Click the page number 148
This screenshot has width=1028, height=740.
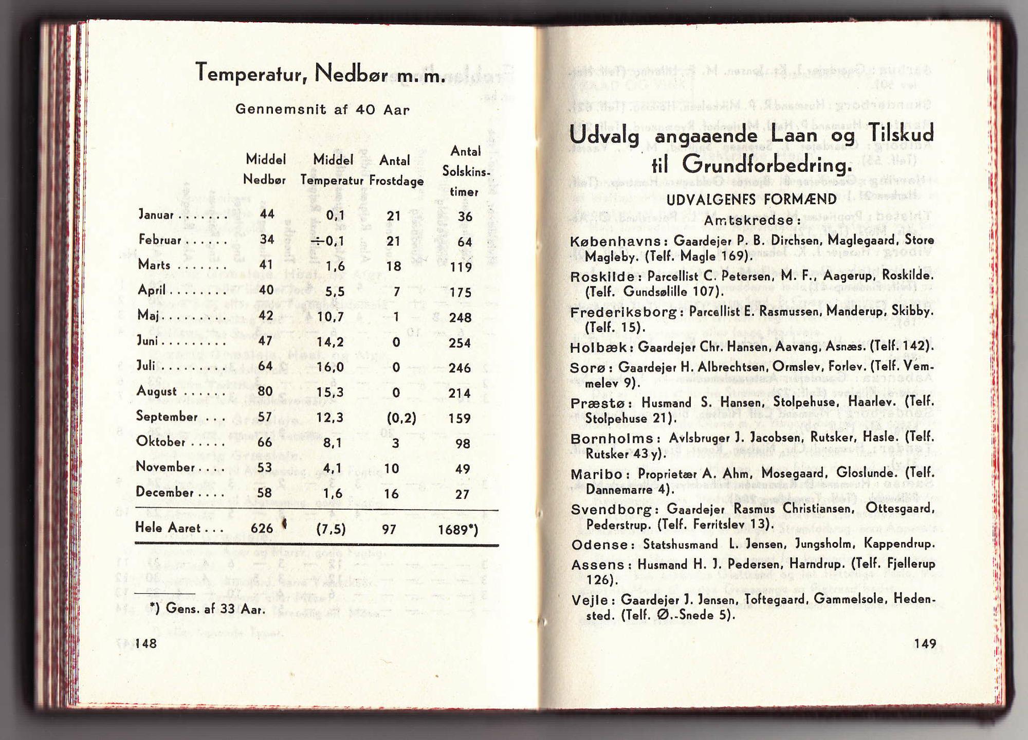[146, 643]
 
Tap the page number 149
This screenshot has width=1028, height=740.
[925, 643]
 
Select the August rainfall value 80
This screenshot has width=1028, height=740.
[265, 392]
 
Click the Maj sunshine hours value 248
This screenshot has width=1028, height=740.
[460, 318]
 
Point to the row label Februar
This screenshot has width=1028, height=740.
[160, 240]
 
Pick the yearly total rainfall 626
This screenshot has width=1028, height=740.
[262, 528]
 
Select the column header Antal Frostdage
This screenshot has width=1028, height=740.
[396, 171]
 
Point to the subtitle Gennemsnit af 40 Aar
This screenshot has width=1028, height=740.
[322, 110]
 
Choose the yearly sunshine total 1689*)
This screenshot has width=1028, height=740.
[457, 530]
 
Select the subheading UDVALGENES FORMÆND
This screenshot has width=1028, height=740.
[751, 200]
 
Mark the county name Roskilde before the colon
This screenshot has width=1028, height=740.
[602, 277]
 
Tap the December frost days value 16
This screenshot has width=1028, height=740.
[391, 494]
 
